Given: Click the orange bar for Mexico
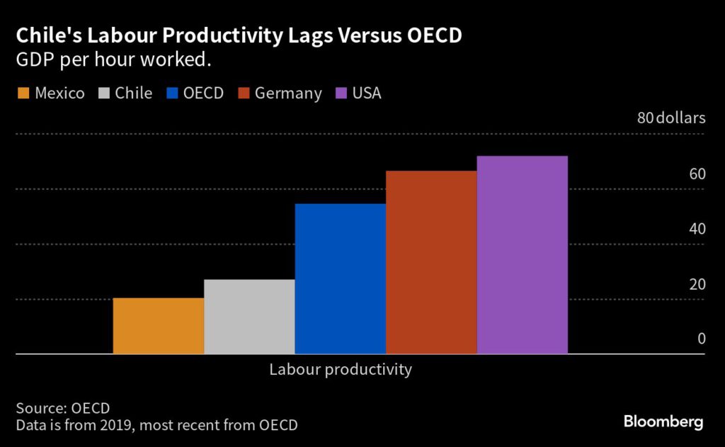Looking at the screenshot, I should (159, 326).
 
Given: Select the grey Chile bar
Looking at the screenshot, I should (249, 317).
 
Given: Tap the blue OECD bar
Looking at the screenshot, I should (340, 278).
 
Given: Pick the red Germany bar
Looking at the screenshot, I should (431, 262).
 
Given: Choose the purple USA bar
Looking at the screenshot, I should (522, 255).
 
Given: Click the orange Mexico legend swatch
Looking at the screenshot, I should (23, 94).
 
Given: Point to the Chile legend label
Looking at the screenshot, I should (135, 94).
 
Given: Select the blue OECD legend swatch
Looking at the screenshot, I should (172, 94).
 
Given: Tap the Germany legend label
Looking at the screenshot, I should (288, 94).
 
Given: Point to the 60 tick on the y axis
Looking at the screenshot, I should (697, 174).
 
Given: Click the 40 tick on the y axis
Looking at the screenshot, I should (697, 229).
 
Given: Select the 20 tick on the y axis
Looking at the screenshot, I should (697, 284).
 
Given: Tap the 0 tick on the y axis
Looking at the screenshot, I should (702, 339).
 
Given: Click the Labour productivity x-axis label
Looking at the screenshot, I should (340, 369).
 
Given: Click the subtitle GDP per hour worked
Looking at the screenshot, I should (114, 61).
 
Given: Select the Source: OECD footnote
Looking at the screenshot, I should (62, 408).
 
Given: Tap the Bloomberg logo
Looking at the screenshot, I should (663, 422).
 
